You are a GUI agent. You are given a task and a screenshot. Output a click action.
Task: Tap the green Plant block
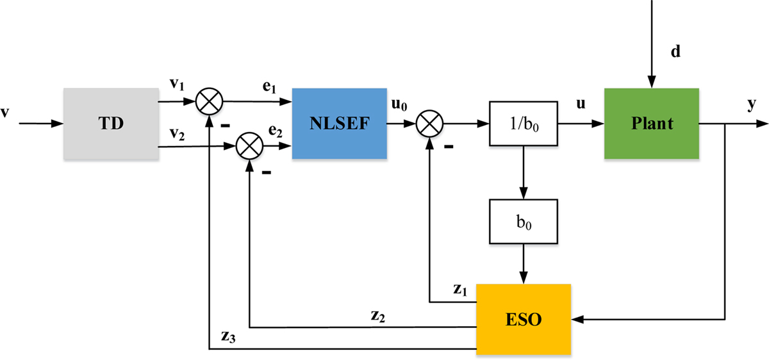[650, 124]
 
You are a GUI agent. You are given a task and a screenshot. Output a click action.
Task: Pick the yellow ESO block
[522, 316]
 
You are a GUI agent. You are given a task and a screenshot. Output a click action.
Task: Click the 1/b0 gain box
[522, 123]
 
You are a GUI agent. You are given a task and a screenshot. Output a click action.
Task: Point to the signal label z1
[460, 289]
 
